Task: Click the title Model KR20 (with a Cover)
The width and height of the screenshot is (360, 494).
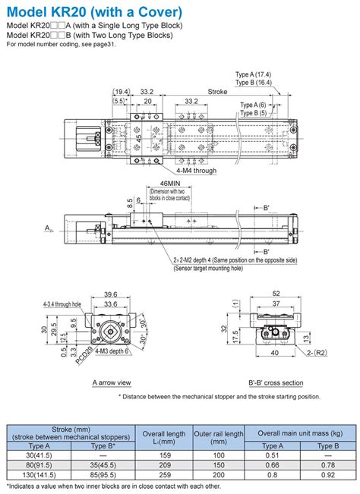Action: (x=94, y=12)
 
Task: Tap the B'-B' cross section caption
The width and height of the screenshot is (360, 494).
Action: (x=276, y=382)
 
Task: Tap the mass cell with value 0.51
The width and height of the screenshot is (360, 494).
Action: (x=271, y=454)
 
